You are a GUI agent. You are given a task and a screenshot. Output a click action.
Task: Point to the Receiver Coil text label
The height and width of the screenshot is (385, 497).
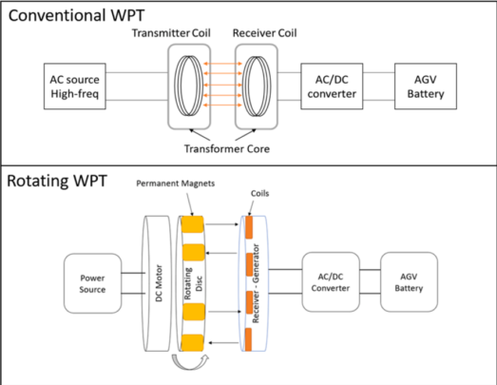click(267, 33)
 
